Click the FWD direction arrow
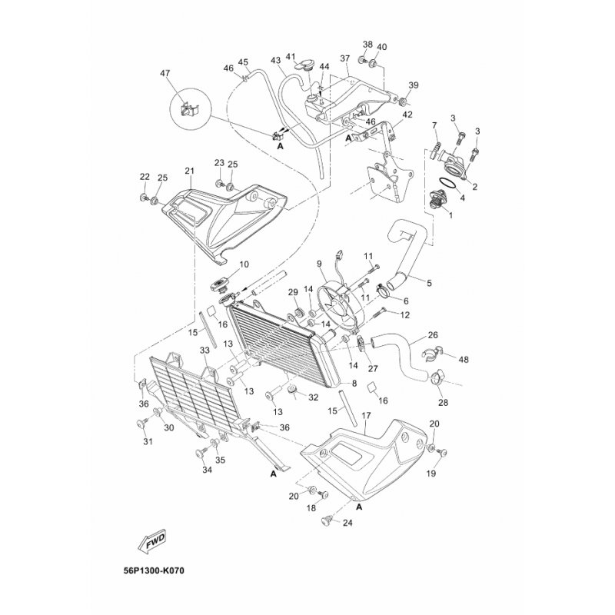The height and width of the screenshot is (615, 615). (154, 542)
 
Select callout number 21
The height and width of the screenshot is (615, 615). (189, 171)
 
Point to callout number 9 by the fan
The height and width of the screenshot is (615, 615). (319, 264)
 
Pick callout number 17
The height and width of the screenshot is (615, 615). (366, 416)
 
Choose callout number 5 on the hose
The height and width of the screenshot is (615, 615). (429, 283)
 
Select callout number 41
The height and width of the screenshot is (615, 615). (291, 57)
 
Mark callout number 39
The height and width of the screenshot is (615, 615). (414, 85)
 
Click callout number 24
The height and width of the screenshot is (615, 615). (347, 524)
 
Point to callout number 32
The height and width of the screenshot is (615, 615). (313, 397)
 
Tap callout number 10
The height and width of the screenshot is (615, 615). (244, 264)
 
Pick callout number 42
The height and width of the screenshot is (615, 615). (407, 115)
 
